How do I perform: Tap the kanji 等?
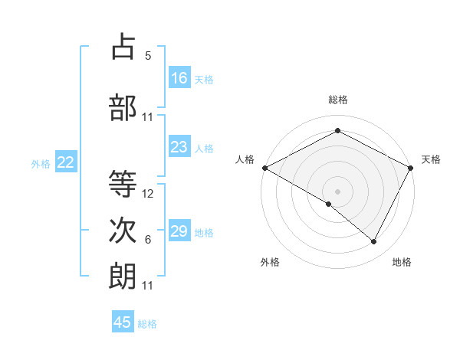click(123, 185)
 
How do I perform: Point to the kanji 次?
click(123, 231)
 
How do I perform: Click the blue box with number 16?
click(179, 78)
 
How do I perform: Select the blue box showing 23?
click(179, 148)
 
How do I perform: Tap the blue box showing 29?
click(179, 231)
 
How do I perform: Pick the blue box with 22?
click(66, 162)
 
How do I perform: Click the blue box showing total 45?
click(123, 322)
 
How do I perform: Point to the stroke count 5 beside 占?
click(148, 56)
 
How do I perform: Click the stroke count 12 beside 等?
click(149, 194)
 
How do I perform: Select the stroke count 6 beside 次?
click(148, 240)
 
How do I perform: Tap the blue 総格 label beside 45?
click(147, 324)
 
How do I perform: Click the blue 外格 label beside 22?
click(41, 163)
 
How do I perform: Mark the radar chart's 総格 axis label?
click(337, 100)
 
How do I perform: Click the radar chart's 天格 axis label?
click(431, 159)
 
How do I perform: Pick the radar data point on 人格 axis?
click(264, 167)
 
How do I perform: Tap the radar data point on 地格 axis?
click(374, 242)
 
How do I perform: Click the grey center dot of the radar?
click(337, 190)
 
